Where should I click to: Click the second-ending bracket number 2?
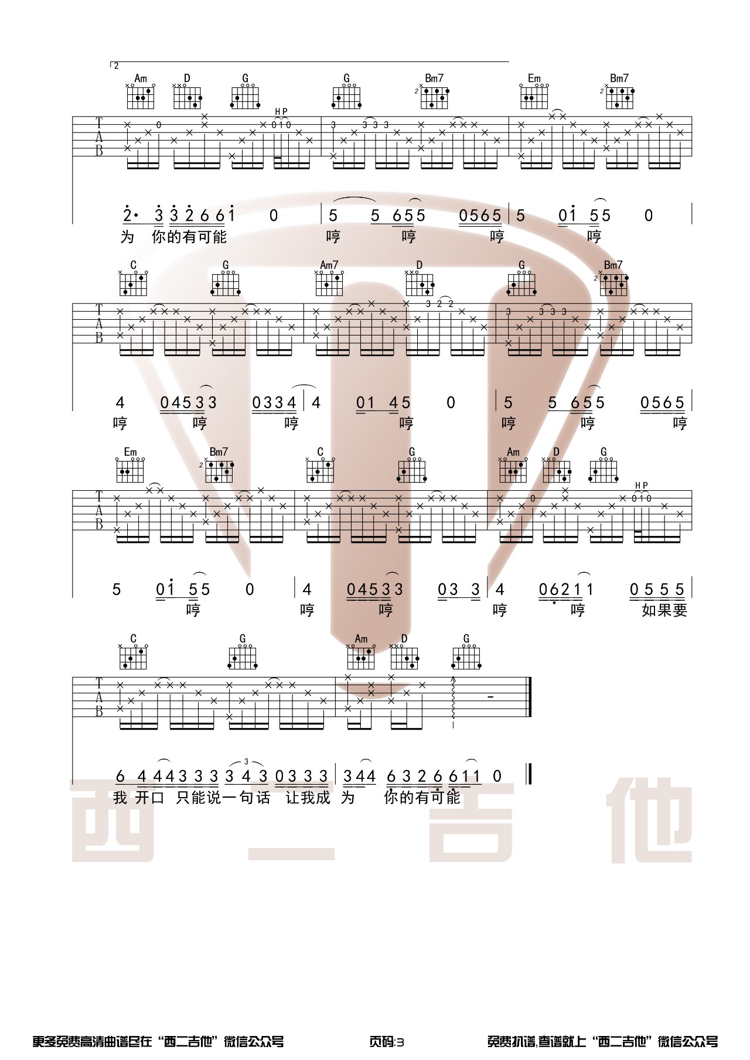(x=116, y=66)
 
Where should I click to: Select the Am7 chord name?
(x=329, y=265)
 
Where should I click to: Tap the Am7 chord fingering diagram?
(x=329, y=283)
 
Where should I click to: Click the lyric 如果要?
(x=664, y=610)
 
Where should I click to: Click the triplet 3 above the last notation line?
(x=246, y=761)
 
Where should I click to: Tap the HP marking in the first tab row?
(x=281, y=111)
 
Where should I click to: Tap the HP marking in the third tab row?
(x=642, y=485)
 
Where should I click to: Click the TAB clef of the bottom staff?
(x=99, y=697)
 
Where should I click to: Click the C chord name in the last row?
(x=134, y=638)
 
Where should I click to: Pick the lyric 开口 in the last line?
(x=150, y=798)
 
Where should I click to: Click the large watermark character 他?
(x=649, y=820)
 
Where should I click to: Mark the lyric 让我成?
(x=308, y=798)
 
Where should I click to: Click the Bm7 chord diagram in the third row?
(x=219, y=470)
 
